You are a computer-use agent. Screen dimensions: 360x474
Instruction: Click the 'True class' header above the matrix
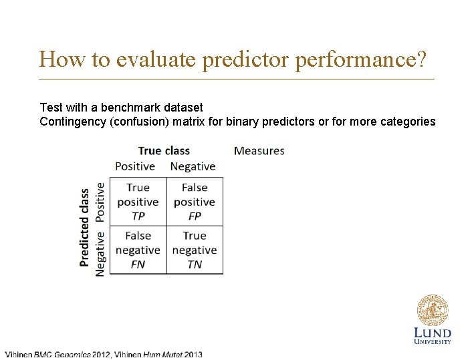point(164,151)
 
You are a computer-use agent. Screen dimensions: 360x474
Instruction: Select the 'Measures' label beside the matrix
point(259,151)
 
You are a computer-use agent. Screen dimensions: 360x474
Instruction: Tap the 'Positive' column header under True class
point(135,166)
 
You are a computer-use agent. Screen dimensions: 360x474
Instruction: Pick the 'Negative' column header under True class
point(193,166)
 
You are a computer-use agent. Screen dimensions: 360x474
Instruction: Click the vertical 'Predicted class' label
point(85,227)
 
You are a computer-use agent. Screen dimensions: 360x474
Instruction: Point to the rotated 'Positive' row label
point(100,202)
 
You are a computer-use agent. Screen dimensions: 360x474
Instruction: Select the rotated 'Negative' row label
point(100,253)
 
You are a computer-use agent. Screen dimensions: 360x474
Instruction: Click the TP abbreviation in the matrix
point(138,216)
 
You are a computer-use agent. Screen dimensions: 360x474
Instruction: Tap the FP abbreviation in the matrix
point(195,216)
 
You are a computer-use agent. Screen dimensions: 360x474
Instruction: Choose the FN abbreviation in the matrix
point(138,264)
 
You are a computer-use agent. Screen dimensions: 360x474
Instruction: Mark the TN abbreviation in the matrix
point(195,264)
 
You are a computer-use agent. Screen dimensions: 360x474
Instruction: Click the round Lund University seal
point(433,310)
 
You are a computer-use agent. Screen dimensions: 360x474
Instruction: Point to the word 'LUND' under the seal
point(433,333)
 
